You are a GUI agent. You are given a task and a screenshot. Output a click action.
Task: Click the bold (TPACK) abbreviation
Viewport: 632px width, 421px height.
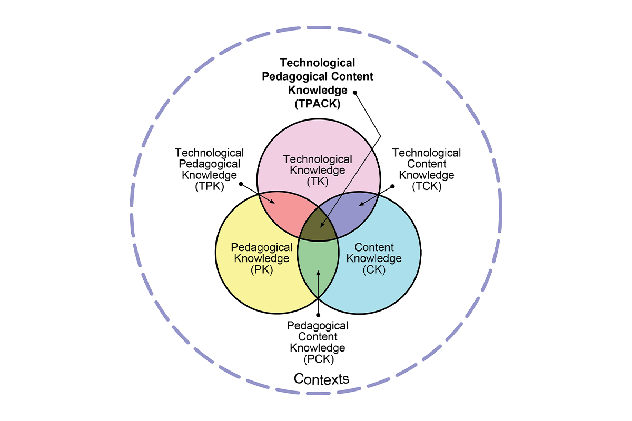pyautogui.click(x=318, y=104)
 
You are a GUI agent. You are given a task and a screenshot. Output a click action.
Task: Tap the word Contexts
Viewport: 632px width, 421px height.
pyautogui.click(x=321, y=379)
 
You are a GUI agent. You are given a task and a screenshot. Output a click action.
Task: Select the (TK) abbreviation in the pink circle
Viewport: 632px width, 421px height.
pyautogui.click(x=318, y=182)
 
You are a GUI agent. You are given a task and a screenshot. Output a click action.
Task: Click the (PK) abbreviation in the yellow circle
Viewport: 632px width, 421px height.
pyautogui.click(x=262, y=270)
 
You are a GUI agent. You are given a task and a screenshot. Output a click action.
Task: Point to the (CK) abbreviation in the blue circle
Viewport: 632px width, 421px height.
pyautogui.click(x=374, y=270)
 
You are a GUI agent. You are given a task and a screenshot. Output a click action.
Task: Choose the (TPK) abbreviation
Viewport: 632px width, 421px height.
pyautogui.click(x=210, y=186)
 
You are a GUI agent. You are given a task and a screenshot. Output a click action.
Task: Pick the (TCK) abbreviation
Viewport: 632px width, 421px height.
pyautogui.click(x=427, y=186)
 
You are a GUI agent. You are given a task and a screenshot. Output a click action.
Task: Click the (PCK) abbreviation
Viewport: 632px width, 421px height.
pyautogui.click(x=319, y=359)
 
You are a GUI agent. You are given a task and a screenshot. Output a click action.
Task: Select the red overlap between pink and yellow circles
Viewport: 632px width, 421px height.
pyautogui.click(x=285, y=212)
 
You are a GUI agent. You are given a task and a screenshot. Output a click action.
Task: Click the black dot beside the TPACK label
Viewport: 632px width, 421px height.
pyautogui.click(x=355, y=93)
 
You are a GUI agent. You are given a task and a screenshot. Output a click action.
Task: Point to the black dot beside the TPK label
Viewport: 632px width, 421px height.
pyautogui.click(x=241, y=184)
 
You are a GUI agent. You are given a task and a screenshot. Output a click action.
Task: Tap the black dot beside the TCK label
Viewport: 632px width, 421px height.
pyautogui.click(x=392, y=186)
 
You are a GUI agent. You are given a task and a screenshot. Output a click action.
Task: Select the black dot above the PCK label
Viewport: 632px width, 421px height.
pyautogui.click(x=318, y=315)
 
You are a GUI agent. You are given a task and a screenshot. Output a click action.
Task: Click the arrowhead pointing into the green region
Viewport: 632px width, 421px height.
pyautogui.click(x=318, y=273)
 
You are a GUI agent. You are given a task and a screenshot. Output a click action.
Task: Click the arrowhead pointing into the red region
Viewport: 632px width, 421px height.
pyautogui.click(x=272, y=202)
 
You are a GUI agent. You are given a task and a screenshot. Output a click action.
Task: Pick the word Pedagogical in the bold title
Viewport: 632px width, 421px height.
pyautogui.click(x=294, y=77)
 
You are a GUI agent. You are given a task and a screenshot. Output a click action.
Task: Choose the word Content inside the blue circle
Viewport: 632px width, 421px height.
pyautogui.click(x=374, y=247)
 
